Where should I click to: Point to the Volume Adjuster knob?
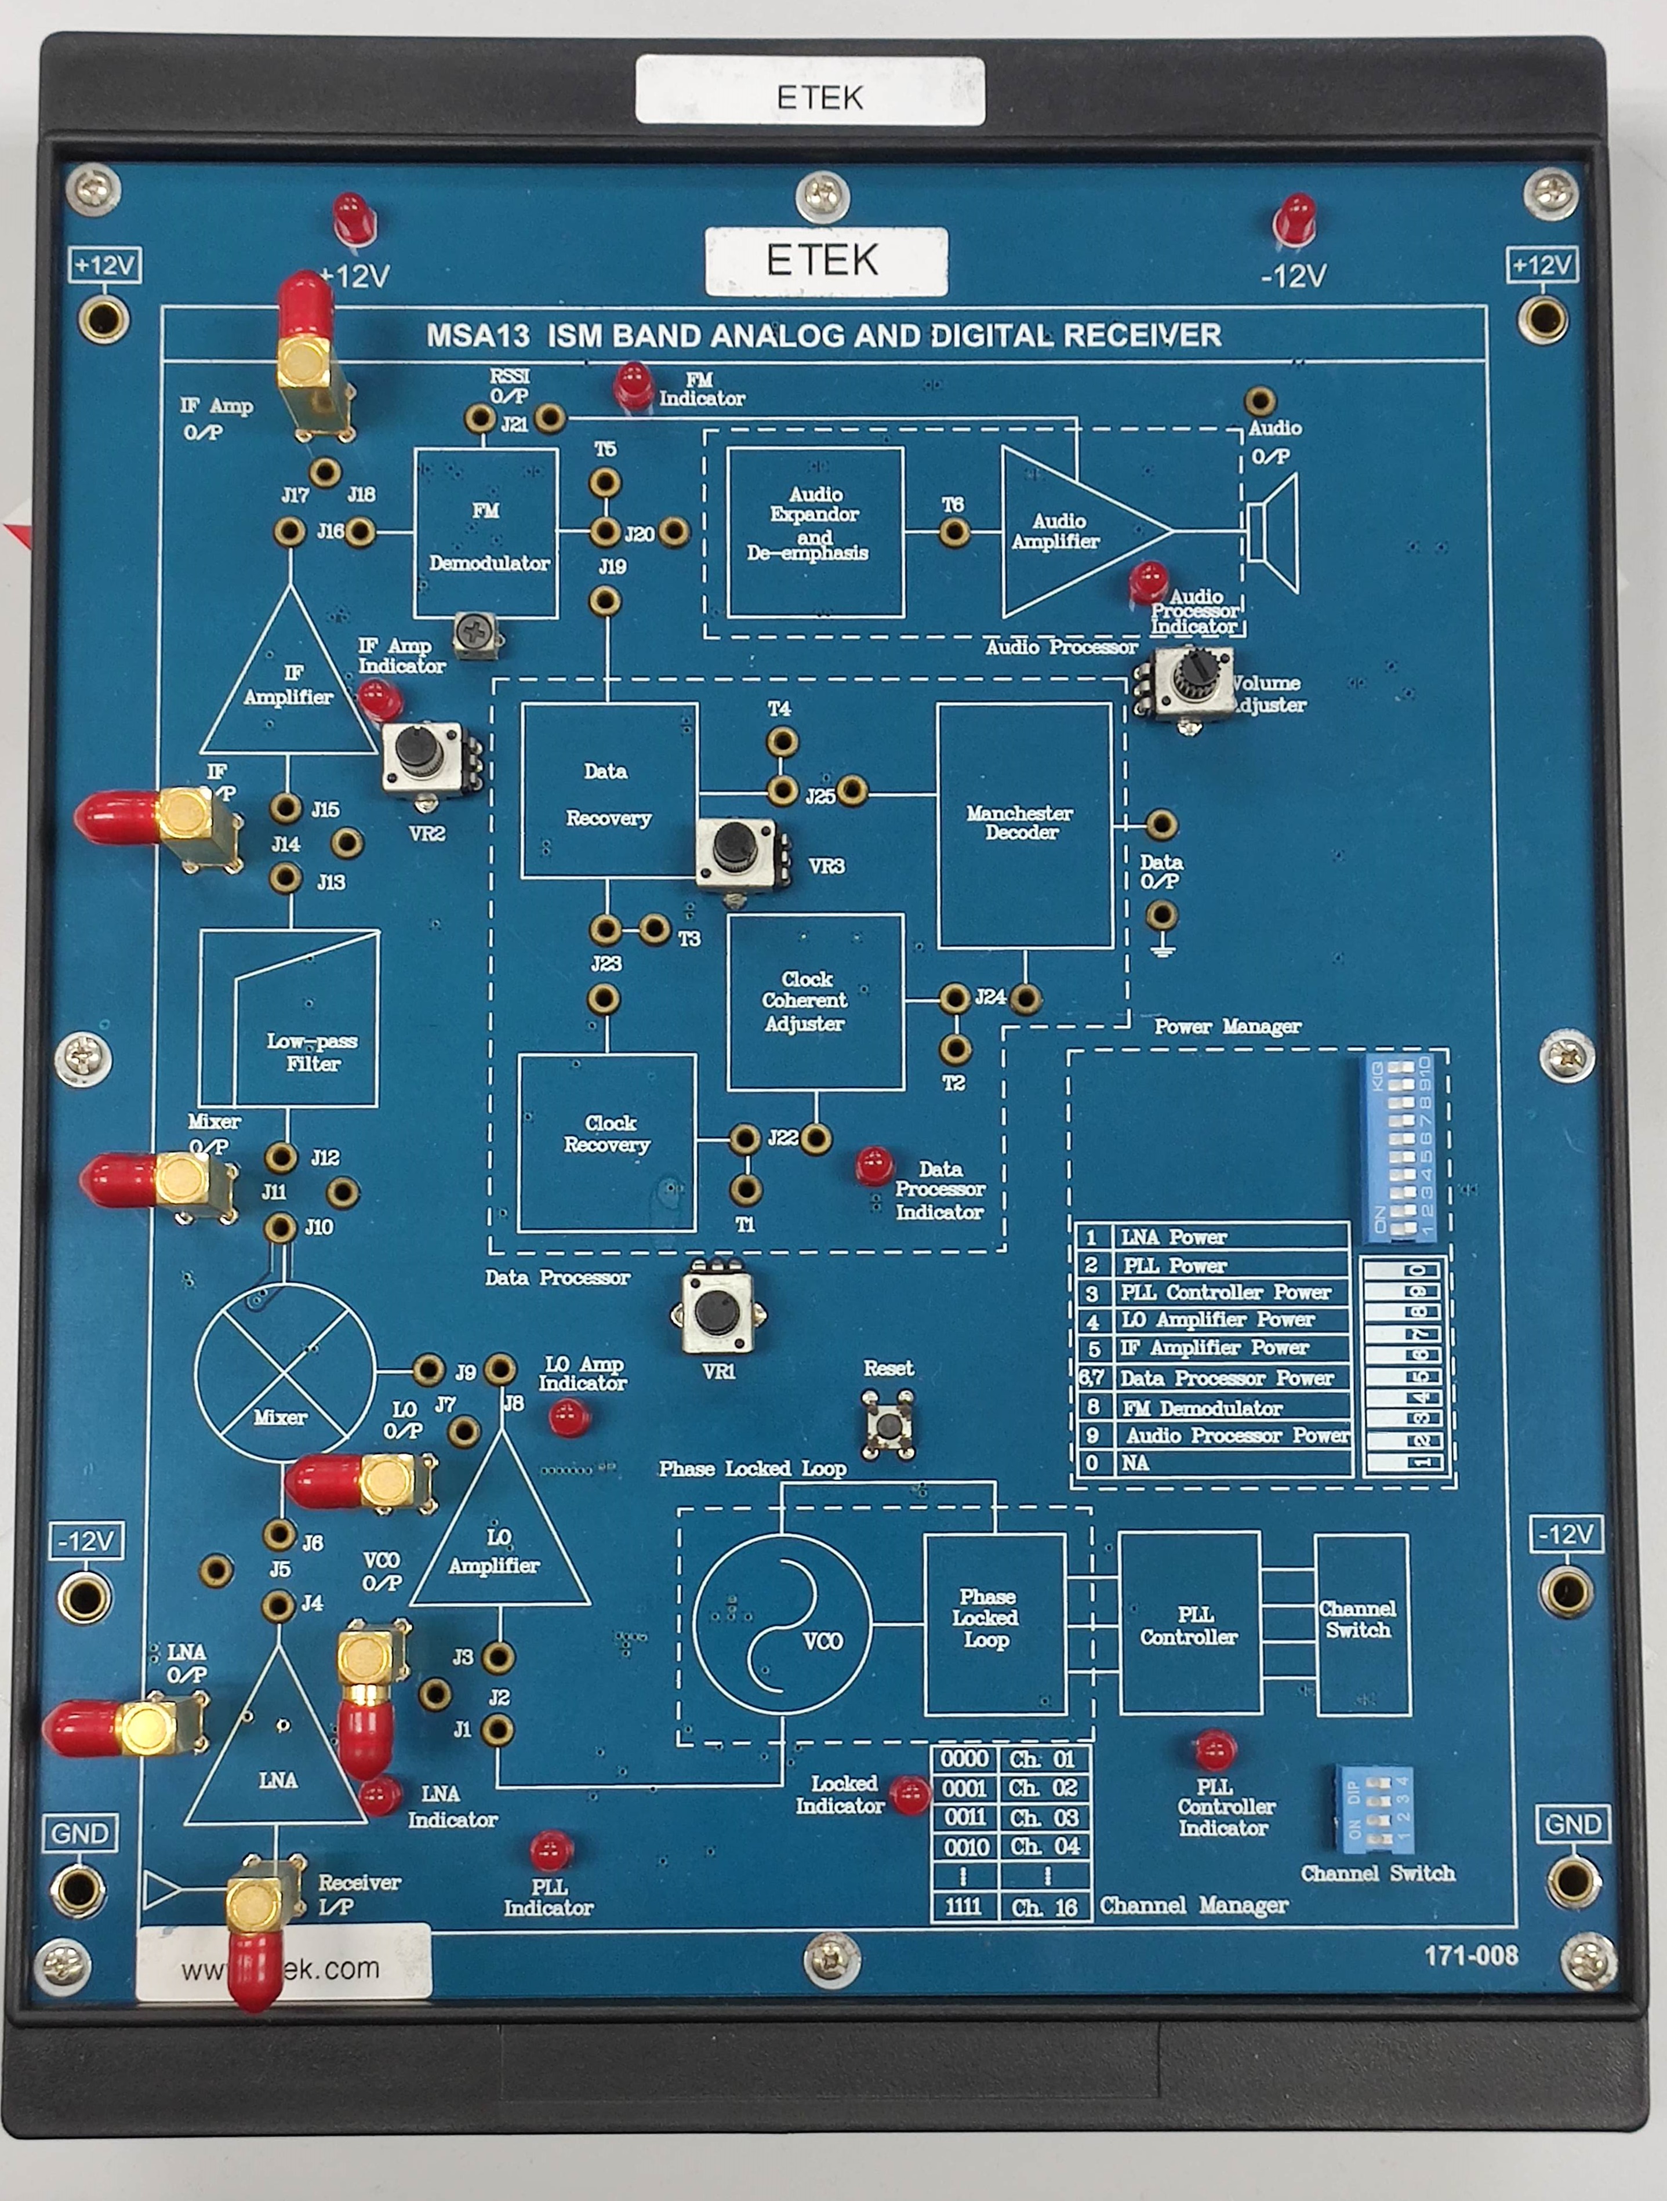(1192, 675)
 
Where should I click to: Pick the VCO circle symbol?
(782, 1626)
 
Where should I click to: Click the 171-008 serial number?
(1470, 1955)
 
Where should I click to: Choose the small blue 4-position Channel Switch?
(1374, 1809)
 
